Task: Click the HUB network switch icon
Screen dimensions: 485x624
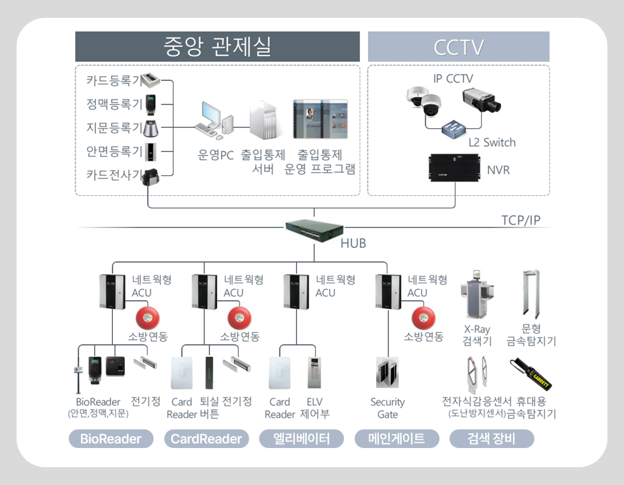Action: (314, 228)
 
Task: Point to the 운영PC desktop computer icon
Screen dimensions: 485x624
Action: (213, 120)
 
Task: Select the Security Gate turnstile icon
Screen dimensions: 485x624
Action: (386, 373)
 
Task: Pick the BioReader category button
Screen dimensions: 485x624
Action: (111, 438)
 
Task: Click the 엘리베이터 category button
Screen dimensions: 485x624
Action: (301, 438)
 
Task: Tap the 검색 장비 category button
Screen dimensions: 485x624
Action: (491, 438)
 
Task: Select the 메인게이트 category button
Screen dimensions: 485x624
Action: (397, 438)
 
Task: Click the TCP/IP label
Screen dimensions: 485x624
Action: (521, 221)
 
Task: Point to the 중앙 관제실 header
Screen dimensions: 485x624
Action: (217, 47)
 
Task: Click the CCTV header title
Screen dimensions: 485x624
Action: (458, 47)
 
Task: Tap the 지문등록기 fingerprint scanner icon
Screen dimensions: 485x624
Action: (151, 127)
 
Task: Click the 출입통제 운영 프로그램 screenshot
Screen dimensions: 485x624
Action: (320, 119)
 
